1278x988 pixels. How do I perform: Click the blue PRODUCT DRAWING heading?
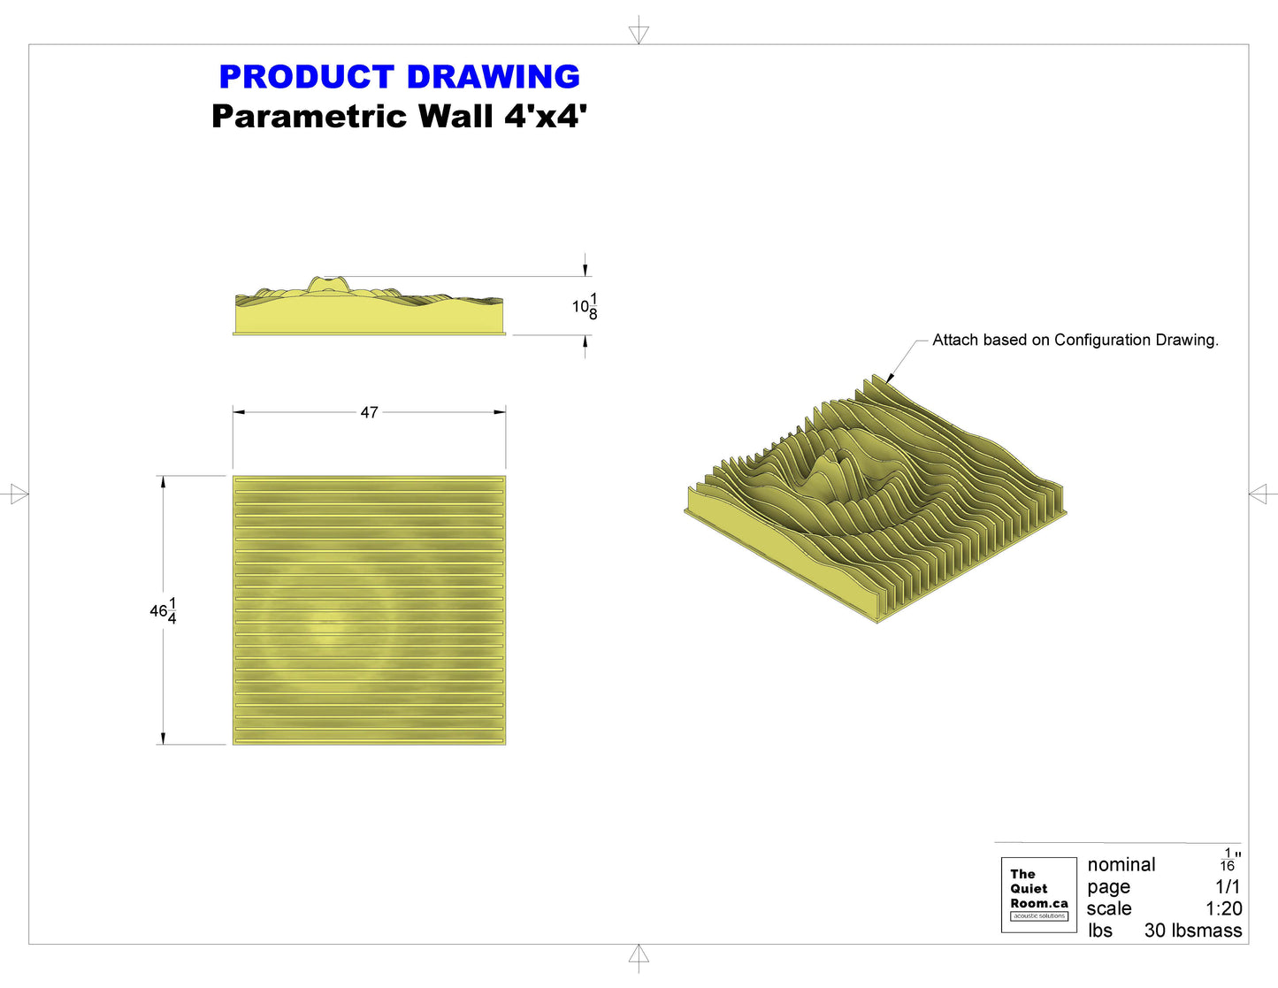pos(400,76)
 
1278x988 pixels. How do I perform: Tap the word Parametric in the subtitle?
pos(309,116)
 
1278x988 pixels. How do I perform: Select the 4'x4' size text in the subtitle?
pos(545,116)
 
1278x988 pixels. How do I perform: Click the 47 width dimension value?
pos(370,412)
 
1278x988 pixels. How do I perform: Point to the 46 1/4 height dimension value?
pos(164,611)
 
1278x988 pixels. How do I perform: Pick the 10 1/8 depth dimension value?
pos(585,306)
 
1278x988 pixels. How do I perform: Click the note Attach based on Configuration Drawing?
pos(1075,340)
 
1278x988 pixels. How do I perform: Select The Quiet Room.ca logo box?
pos(1038,894)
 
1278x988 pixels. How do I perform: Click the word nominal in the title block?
pos(1121,864)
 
